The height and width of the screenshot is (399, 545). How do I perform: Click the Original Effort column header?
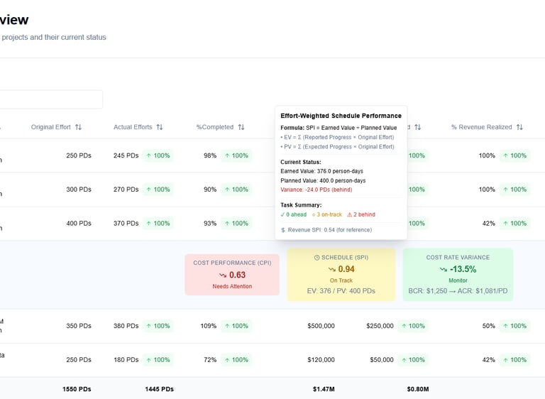coord(51,127)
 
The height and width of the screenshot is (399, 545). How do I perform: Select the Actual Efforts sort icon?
coord(160,127)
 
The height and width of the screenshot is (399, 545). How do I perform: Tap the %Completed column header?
coord(215,127)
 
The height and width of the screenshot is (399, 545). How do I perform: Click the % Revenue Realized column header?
coord(481,127)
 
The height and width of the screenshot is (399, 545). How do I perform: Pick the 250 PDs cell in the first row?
coord(79,155)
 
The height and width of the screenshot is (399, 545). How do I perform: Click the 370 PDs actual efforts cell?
coord(126,223)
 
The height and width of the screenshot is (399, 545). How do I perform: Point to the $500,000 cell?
coord(321,326)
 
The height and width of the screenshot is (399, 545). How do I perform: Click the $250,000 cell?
coord(380,326)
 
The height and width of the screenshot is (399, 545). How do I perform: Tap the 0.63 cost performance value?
coord(237,275)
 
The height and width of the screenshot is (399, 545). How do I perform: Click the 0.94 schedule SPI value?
coord(346,269)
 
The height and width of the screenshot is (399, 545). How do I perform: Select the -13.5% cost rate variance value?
coord(462,269)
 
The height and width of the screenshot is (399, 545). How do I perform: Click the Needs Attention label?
coord(232,286)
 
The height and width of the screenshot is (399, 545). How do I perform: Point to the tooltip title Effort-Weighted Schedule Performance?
coord(341,116)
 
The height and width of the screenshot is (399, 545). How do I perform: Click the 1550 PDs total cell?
coord(76,389)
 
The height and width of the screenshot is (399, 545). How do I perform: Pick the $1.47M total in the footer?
coord(324,389)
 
